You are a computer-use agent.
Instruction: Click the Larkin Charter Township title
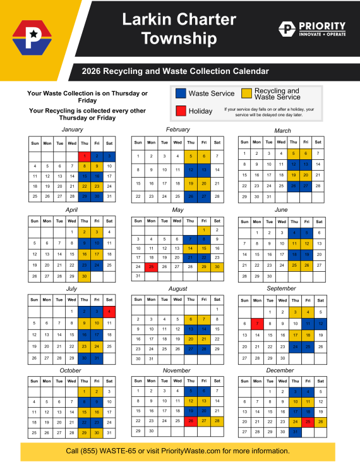coord(179,29)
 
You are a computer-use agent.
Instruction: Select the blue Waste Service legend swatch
coord(180,94)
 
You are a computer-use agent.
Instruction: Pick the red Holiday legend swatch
coord(180,111)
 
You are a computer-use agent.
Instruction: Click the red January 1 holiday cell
coord(84,155)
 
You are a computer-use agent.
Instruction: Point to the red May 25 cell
coord(151,266)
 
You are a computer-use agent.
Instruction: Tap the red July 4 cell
coord(109,312)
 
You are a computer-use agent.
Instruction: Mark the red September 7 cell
coord(257,324)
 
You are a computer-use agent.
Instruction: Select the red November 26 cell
coord(190,420)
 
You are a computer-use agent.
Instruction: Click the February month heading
coord(177,130)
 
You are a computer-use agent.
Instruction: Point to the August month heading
coord(177,288)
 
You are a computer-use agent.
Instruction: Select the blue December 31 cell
coord(294,432)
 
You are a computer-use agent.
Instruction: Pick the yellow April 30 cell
coord(84,276)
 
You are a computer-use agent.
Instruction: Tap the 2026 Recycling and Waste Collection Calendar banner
coord(179,71)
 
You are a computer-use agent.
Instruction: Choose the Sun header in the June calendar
coord(244,221)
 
